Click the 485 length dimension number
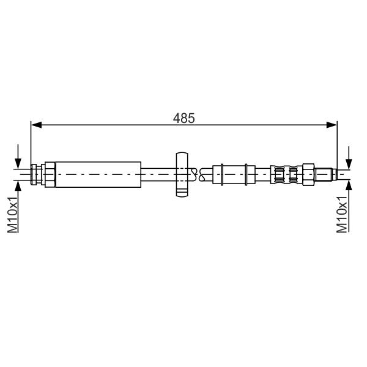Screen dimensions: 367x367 pos(183,118)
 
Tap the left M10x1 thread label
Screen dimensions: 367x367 pos(13,215)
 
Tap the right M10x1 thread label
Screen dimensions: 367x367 pos(342,215)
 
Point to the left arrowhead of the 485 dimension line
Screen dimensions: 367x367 pos(36,125)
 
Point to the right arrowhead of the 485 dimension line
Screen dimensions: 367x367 pos(332,125)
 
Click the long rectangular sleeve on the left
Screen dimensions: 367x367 pos(98,174)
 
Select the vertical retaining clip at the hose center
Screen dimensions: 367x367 pos(182,174)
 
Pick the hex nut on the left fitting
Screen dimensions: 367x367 pos(50,174)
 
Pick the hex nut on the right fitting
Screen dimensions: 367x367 pos(308,174)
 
